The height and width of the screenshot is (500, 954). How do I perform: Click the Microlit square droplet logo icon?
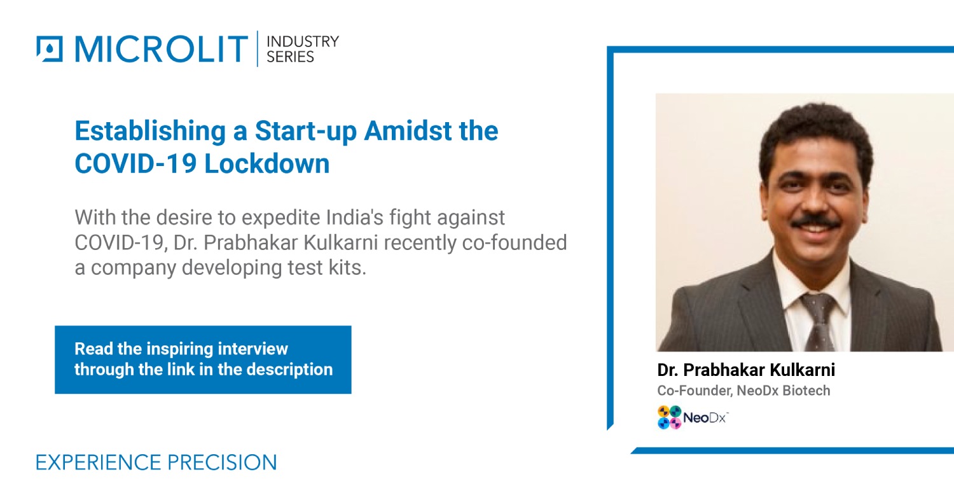click(x=50, y=49)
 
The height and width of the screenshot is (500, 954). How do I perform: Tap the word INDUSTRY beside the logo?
click(x=302, y=41)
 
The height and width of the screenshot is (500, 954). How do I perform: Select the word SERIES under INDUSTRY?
click(x=290, y=57)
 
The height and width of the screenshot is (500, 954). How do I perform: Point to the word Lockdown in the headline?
click(x=268, y=164)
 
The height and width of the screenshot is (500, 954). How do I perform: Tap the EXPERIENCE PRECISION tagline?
click(x=156, y=462)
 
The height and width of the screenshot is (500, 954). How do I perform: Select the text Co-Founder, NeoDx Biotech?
click(x=743, y=391)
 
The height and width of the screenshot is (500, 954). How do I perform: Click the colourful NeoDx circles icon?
click(x=669, y=417)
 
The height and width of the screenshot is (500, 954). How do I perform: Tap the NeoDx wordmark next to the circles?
click(x=705, y=418)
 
